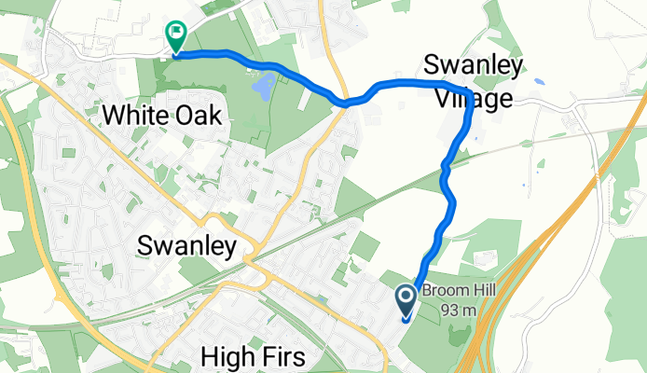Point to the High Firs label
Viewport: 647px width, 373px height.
click(254, 356)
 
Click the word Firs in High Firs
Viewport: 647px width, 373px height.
click(282, 356)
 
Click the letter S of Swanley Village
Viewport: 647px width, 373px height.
click(431, 66)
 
